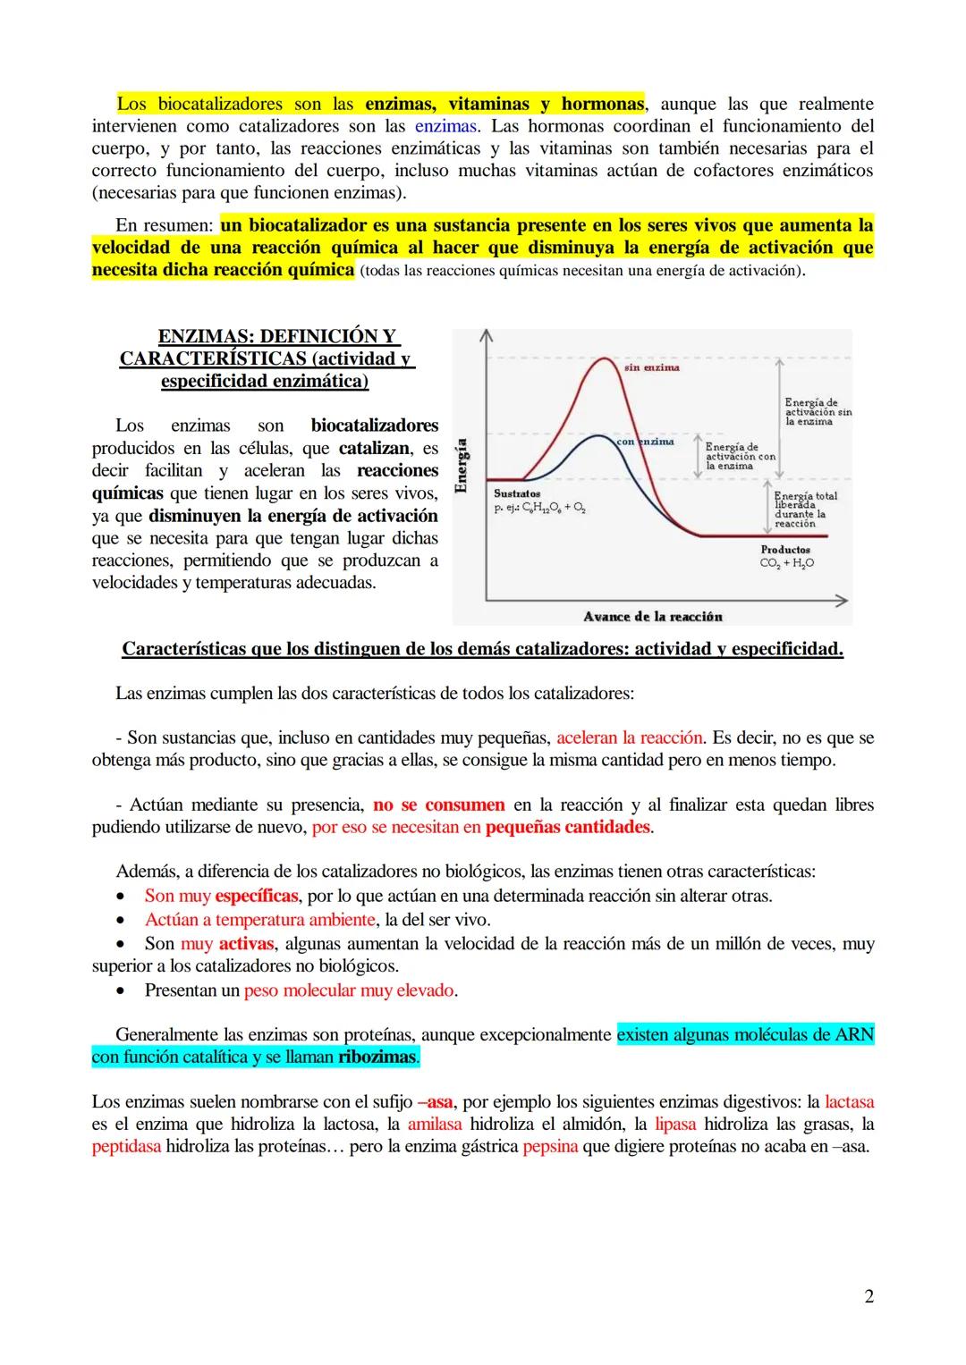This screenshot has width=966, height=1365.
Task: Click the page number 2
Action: click(869, 1296)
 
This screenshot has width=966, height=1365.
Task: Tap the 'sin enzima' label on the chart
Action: click(651, 367)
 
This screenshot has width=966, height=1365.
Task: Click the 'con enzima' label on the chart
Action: click(645, 442)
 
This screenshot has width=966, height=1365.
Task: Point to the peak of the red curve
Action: click(607, 359)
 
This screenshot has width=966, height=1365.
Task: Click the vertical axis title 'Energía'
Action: click(462, 466)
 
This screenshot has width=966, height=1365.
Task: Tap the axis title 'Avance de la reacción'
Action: click(652, 617)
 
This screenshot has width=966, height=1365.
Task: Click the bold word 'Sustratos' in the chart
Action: click(517, 493)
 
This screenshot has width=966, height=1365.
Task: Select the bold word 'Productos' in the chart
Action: click(785, 550)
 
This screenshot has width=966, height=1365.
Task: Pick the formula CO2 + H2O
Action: click(786, 563)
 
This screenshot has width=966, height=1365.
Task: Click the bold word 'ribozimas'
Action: click(377, 1057)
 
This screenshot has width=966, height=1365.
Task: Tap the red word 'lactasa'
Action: click(849, 1101)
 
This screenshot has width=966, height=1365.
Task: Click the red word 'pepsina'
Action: click(550, 1146)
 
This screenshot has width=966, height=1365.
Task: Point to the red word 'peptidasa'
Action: click(126, 1146)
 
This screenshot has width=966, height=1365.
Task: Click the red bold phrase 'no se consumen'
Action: click(439, 805)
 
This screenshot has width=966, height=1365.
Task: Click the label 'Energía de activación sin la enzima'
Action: click(818, 412)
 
